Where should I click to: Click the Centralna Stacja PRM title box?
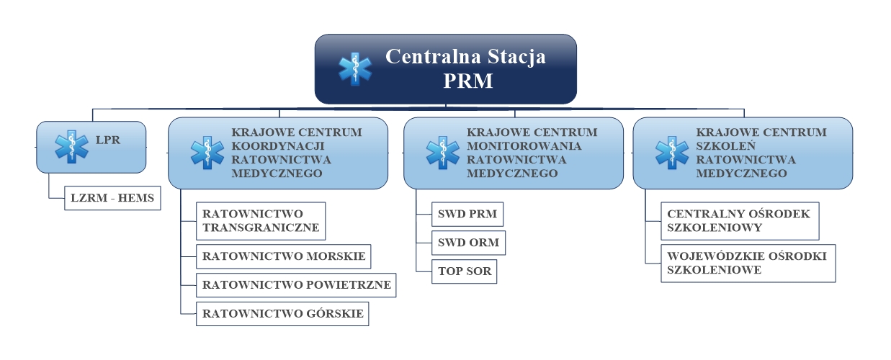click(445, 69)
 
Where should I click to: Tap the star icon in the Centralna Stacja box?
click(355, 69)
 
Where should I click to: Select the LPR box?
click(91, 147)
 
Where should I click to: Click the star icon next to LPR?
click(71, 146)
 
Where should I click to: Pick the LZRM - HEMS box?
click(112, 198)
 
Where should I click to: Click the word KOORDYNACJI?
click(278, 146)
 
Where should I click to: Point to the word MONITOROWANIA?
click(524, 146)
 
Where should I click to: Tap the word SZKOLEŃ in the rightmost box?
click(725, 145)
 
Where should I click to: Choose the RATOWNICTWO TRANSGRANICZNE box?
click(261, 221)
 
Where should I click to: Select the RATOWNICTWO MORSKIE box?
click(284, 256)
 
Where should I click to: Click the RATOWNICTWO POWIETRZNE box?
click(296, 285)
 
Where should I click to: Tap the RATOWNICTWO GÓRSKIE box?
click(282, 314)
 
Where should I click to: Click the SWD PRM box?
click(467, 214)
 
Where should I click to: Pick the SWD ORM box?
click(469, 243)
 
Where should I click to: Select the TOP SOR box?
click(464, 271)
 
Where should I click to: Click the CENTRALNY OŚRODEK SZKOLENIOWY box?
click(740, 221)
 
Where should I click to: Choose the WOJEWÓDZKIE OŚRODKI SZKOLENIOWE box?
click(748, 264)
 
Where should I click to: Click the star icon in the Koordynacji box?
click(207, 153)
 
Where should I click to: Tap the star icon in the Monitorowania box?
click(443, 153)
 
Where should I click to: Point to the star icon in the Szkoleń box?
click(672, 153)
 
